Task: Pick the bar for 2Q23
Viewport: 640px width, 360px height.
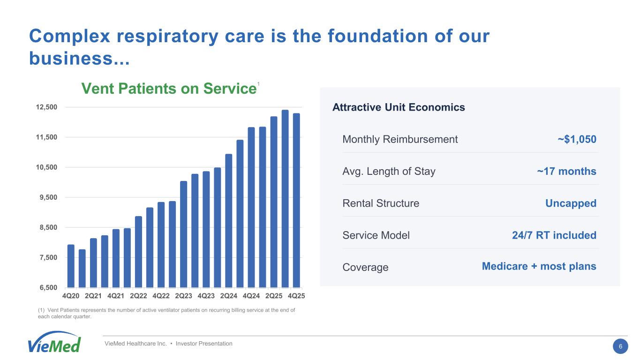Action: pyautogui.click(x=183, y=234)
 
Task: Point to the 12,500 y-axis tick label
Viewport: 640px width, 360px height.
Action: pyautogui.click(x=46, y=107)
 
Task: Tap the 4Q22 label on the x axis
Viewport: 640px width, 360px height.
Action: pyautogui.click(x=161, y=296)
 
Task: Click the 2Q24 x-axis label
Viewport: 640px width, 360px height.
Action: pyautogui.click(x=229, y=296)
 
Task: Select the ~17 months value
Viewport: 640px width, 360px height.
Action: pyautogui.click(x=566, y=171)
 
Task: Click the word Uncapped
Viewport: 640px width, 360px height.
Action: pyautogui.click(x=571, y=203)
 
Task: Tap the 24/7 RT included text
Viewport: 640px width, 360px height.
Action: pyautogui.click(x=554, y=235)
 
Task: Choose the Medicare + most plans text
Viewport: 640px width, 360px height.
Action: pyautogui.click(x=539, y=267)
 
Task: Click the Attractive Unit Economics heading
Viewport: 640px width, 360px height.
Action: pyautogui.click(x=399, y=107)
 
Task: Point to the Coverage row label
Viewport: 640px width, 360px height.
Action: pyautogui.click(x=365, y=267)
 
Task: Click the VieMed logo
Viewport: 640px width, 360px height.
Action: pyautogui.click(x=54, y=342)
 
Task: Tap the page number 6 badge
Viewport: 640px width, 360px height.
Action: pyautogui.click(x=620, y=346)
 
